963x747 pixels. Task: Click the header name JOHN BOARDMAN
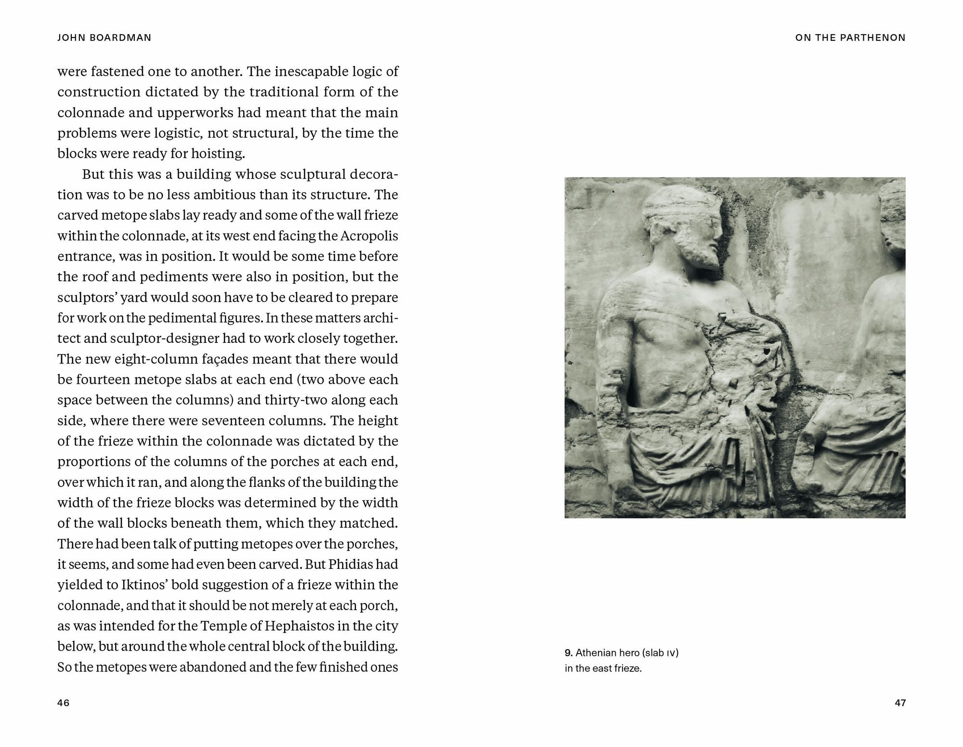[x=104, y=38]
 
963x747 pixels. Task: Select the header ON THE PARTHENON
[x=850, y=38]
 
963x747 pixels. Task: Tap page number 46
[x=64, y=703]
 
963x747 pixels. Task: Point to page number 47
[x=900, y=703]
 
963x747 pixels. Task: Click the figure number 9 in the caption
[x=568, y=653]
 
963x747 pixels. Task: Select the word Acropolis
[x=369, y=236]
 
